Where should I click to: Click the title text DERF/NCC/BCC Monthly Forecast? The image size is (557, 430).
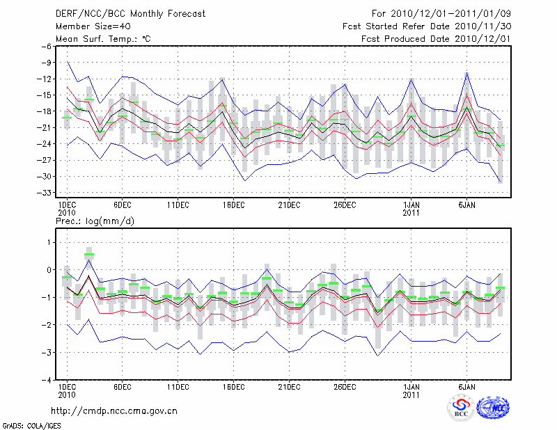[121, 13]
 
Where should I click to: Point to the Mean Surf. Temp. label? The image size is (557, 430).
[103, 39]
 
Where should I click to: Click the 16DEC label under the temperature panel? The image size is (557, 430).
[234, 205]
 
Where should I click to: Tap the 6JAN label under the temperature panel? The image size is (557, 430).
[466, 205]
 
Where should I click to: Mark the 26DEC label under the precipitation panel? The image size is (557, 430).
[345, 387]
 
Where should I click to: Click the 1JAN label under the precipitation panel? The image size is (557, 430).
[411, 387]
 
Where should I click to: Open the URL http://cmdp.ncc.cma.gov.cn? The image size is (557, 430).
[114, 411]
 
